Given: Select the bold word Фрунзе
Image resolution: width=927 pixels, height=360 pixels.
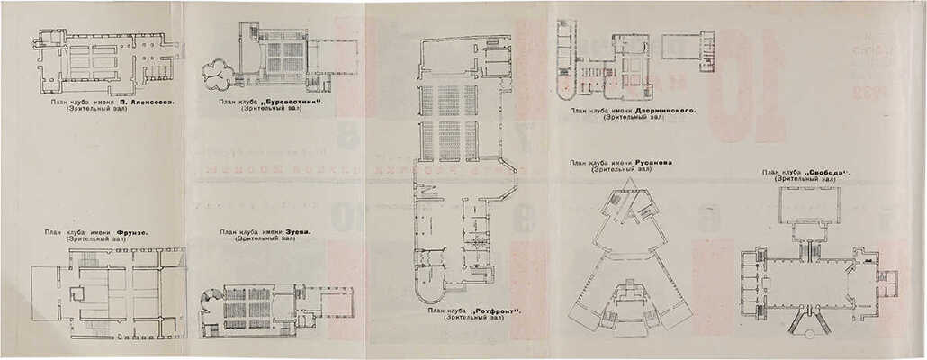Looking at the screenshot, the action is click(x=132, y=232).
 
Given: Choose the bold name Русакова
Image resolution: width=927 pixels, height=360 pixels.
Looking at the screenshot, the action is click(x=645, y=163).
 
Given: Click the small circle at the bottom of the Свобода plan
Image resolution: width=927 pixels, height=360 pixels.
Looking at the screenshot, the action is click(x=808, y=334).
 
